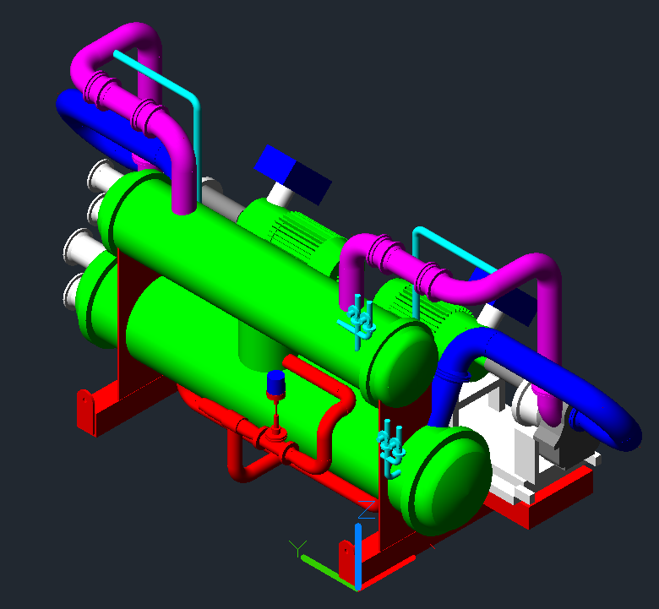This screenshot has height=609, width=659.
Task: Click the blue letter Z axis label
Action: (367, 509)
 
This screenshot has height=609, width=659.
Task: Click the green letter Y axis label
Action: (297, 548)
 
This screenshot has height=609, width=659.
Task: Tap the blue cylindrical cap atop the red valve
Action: (275, 383)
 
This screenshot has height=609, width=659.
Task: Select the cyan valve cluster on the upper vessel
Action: (358, 322)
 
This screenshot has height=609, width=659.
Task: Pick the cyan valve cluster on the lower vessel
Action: (391, 448)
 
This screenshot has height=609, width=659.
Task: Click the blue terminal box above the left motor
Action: (293, 174)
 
